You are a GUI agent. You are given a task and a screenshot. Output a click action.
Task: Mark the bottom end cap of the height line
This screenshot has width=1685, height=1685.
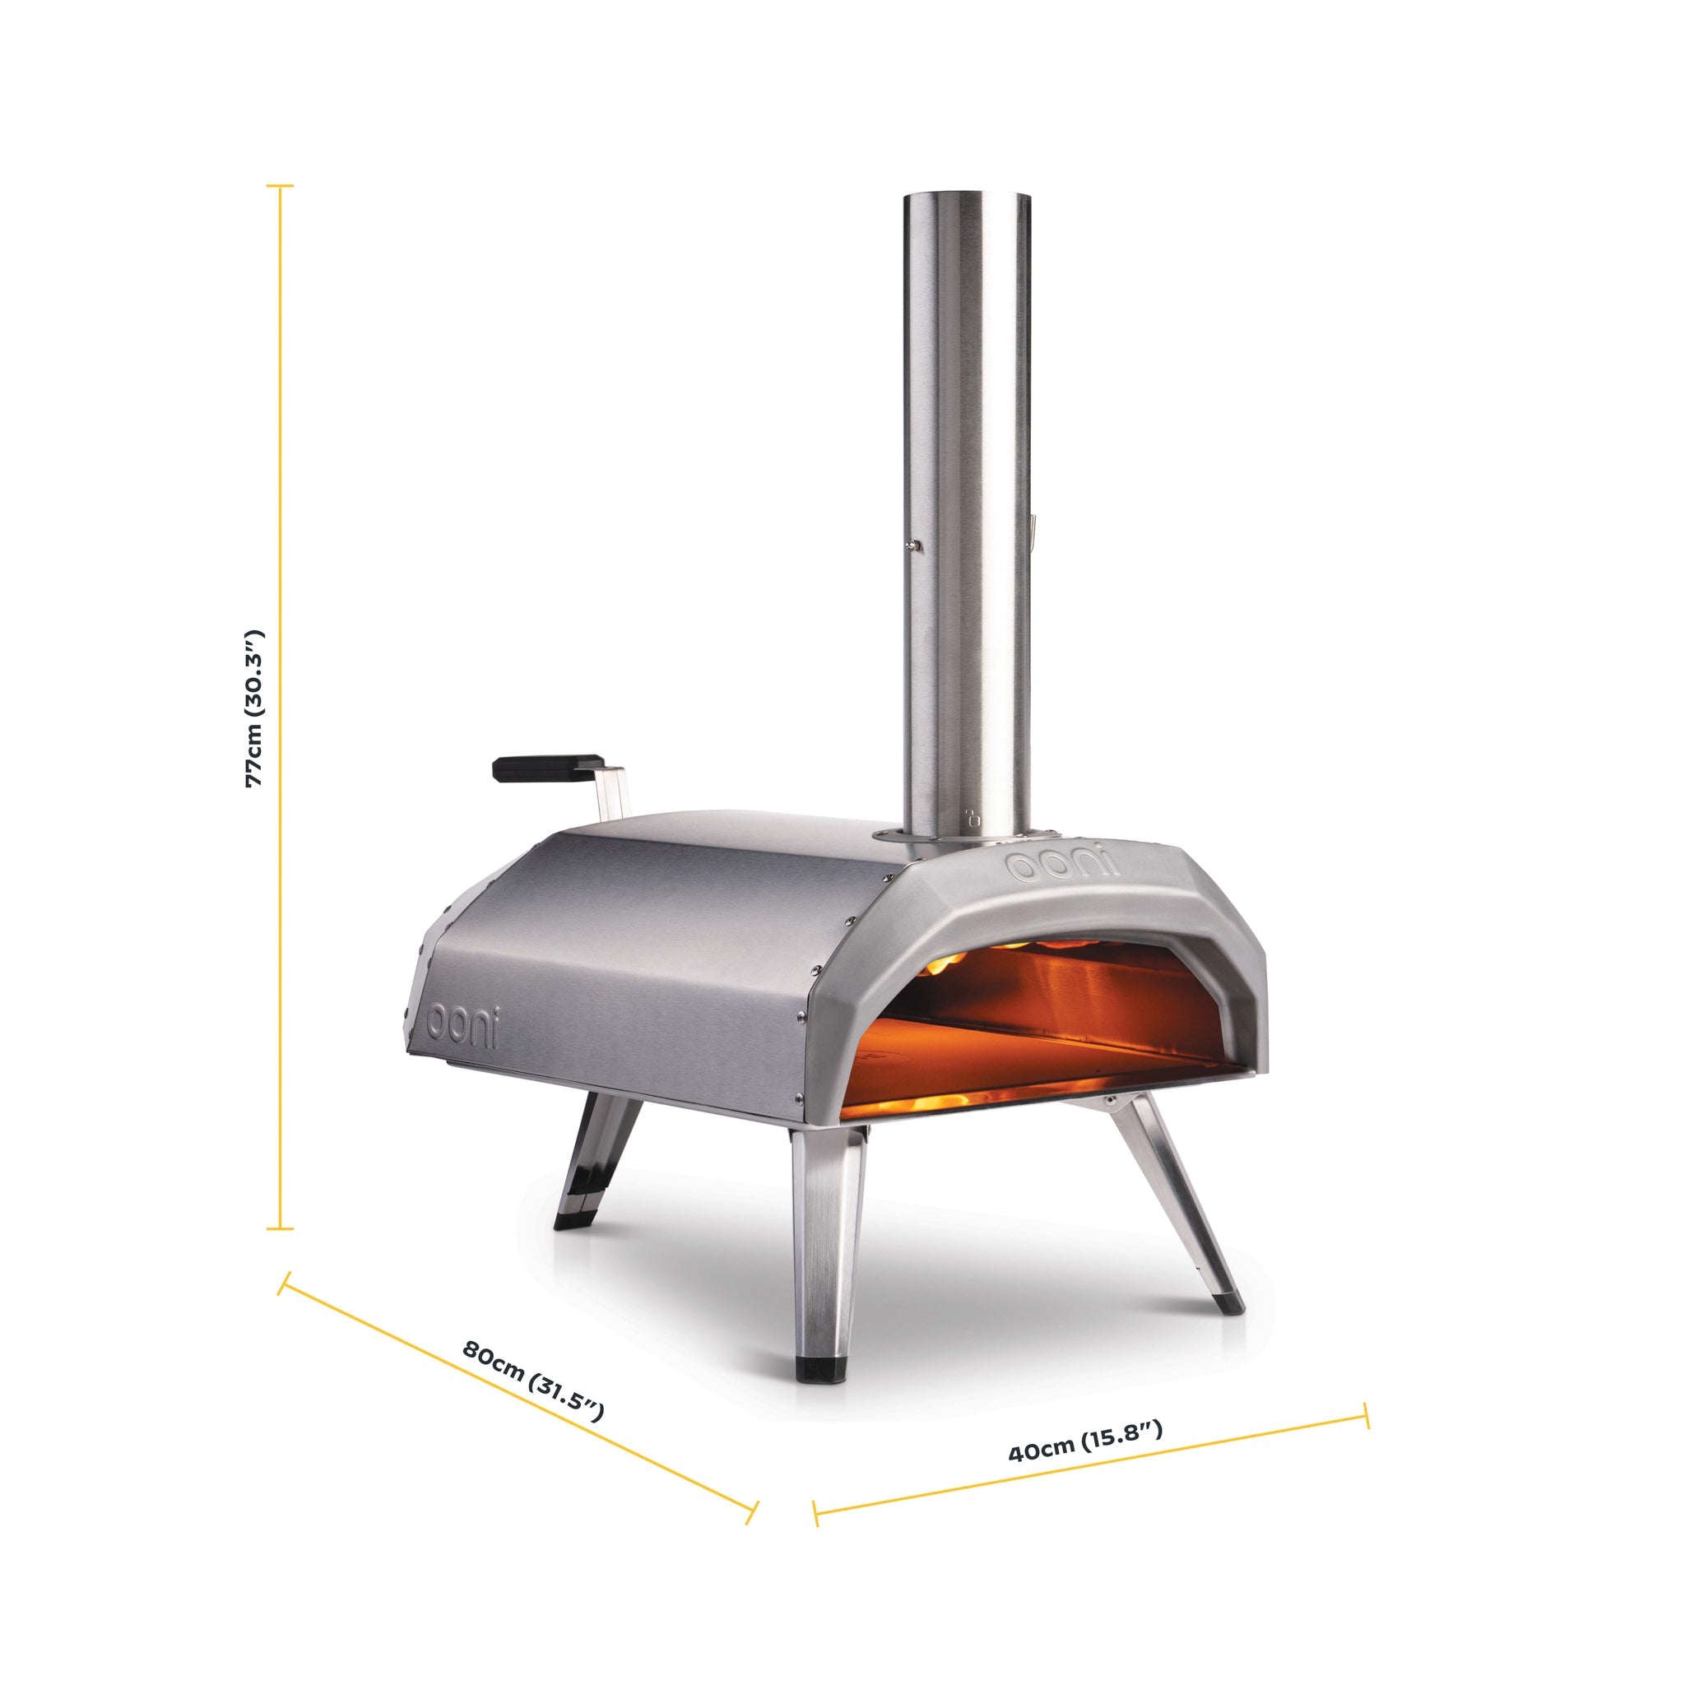pyautogui.click(x=280, y=1229)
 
